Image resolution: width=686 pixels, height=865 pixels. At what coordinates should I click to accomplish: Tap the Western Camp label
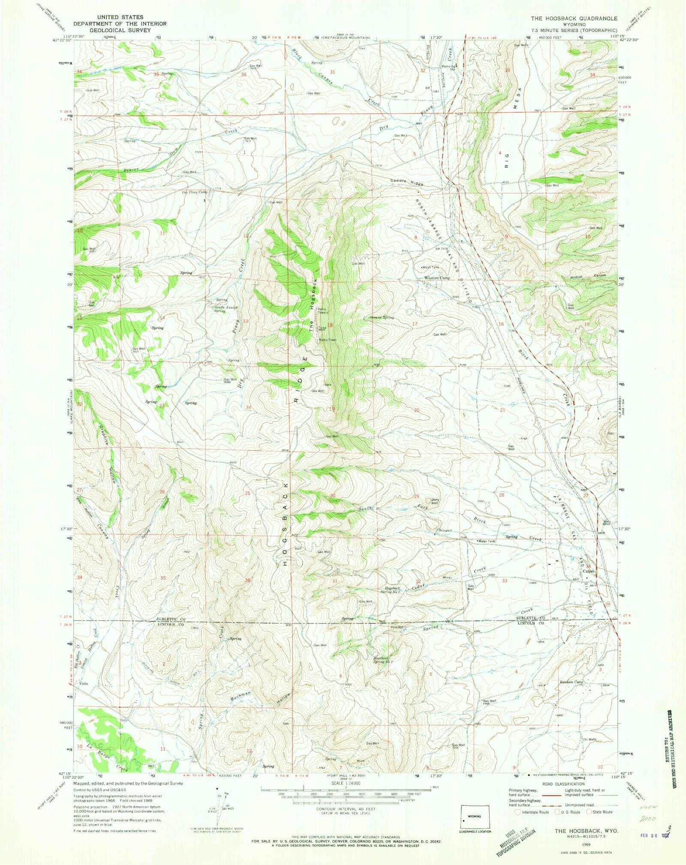(x=437, y=278)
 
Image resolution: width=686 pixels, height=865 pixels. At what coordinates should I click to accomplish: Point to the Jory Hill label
(x=436, y=501)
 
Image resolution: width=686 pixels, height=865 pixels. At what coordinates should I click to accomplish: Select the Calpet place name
(x=589, y=571)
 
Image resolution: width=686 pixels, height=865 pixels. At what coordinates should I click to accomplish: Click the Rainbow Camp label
(x=572, y=694)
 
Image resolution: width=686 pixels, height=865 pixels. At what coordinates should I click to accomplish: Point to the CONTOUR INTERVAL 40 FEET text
(x=345, y=809)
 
